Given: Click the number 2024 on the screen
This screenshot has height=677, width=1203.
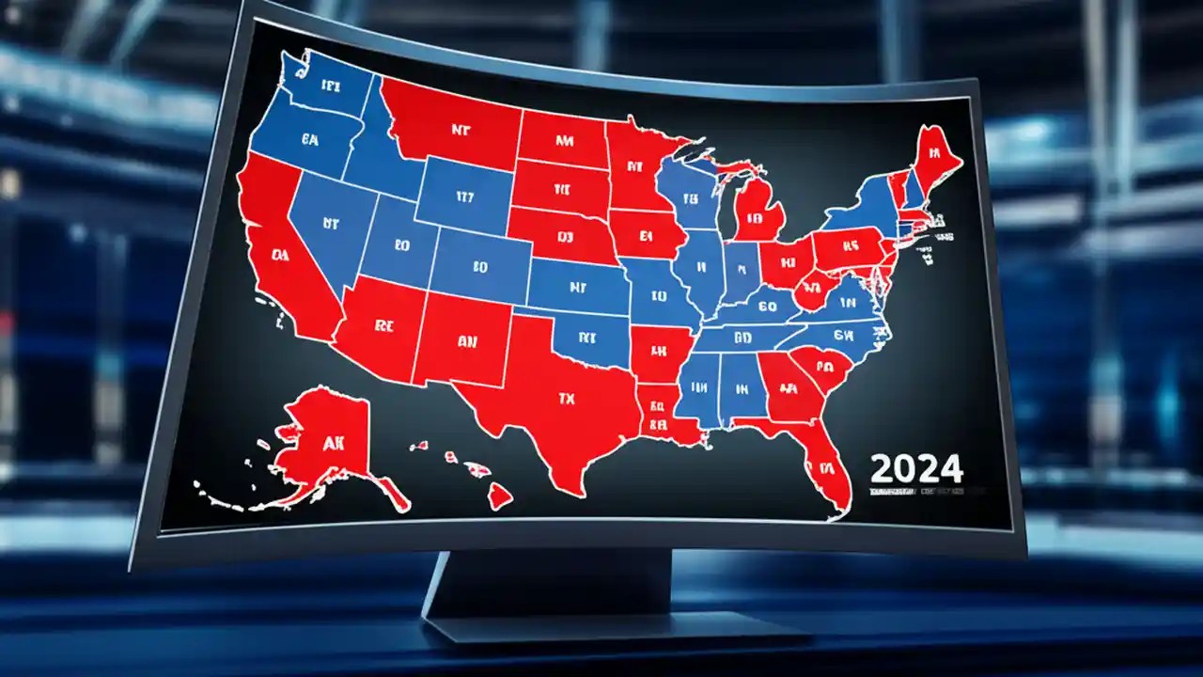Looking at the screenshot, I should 916,467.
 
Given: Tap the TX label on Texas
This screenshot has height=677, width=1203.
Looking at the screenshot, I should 565,399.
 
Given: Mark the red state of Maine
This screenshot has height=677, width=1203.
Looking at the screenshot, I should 933,156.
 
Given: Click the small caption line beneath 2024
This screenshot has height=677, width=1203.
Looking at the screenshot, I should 916,491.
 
